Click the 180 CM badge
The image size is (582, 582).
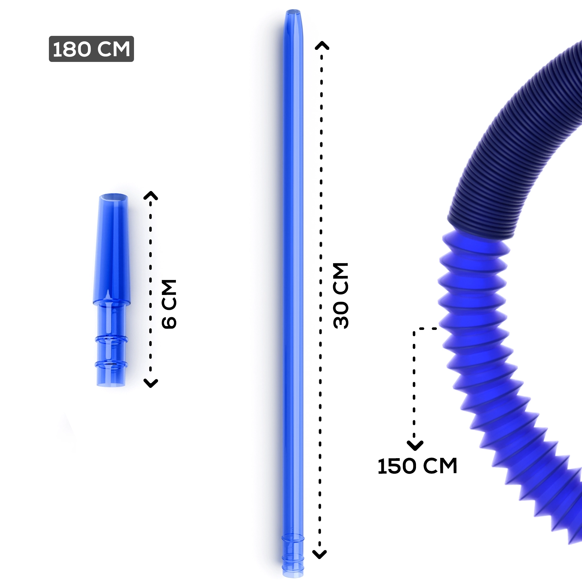[x=91, y=49]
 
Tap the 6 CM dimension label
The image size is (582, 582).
[x=169, y=304]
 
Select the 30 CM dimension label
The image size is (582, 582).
[x=341, y=295]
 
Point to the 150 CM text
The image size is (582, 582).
[x=417, y=466]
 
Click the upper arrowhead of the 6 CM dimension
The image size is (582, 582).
[x=151, y=195]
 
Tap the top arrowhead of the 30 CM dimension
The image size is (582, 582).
[x=322, y=45]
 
